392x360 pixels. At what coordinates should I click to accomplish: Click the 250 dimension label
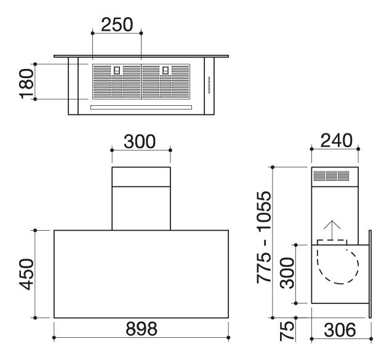pyautogui.click(x=117, y=25)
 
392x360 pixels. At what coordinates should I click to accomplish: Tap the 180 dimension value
pyautogui.click(x=26, y=84)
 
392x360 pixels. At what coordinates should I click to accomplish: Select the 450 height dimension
pyautogui.click(x=26, y=274)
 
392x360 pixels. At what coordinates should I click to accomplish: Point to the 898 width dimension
pyautogui.click(x=142, y=329)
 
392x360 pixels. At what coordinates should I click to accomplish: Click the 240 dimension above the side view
pyautogui.click(x=336, y=141)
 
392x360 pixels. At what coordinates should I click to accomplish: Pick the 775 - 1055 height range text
pyautogui.click(x=264, y=238)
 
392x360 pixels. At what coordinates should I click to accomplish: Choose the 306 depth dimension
pyautogui.click(x=340, y=330)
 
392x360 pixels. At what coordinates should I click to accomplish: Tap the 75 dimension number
pyautogui.click(x=287, y=331)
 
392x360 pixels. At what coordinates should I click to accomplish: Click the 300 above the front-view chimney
pyautogui.click(x=140, y=142)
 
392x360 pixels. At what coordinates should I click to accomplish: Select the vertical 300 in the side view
pyautogui.click(x=287, y=273)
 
